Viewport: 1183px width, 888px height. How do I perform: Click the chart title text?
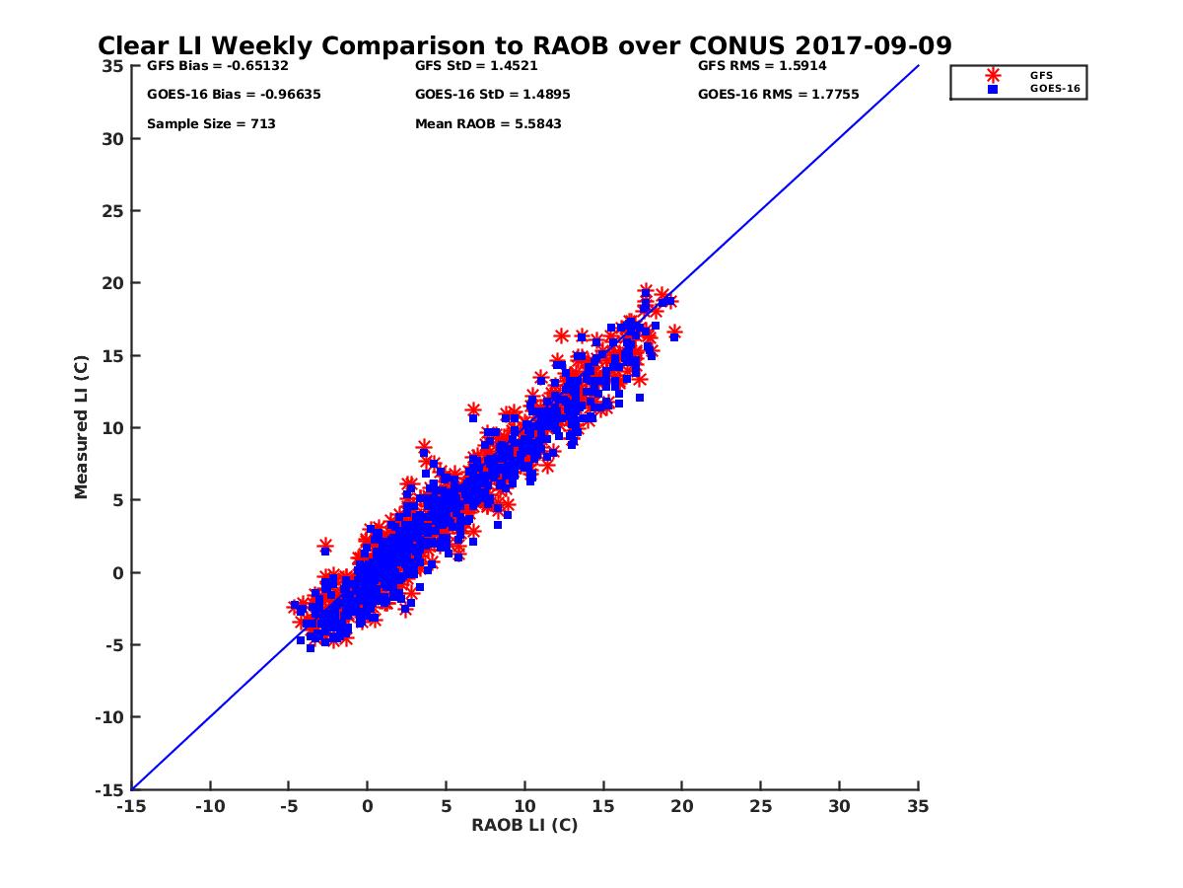pos(524,46)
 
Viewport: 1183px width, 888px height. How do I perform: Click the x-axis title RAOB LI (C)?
pos(524,825)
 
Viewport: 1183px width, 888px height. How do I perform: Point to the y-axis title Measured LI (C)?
pos(81,427)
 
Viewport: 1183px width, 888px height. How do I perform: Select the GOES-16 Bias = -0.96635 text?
pos(234,95)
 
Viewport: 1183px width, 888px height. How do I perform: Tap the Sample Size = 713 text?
pos(211,124)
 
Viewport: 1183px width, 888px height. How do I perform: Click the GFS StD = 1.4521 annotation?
pos(476,66)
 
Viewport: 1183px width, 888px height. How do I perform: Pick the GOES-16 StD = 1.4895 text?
pos(492,95)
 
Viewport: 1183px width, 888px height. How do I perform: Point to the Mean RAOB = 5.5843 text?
pos(488,124)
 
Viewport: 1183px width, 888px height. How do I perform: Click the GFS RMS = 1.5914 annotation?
pos(761,66)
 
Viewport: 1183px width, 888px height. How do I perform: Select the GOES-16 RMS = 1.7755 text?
pos(778,95)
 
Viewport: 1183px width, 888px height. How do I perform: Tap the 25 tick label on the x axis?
pos(760,806)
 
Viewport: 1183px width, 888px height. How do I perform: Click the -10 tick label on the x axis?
pos(209,806)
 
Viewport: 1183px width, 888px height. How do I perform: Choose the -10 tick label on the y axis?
pos(108,717)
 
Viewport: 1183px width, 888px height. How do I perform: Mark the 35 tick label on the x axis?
pos(918,806)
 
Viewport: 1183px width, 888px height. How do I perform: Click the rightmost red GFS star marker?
pos(674,332)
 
